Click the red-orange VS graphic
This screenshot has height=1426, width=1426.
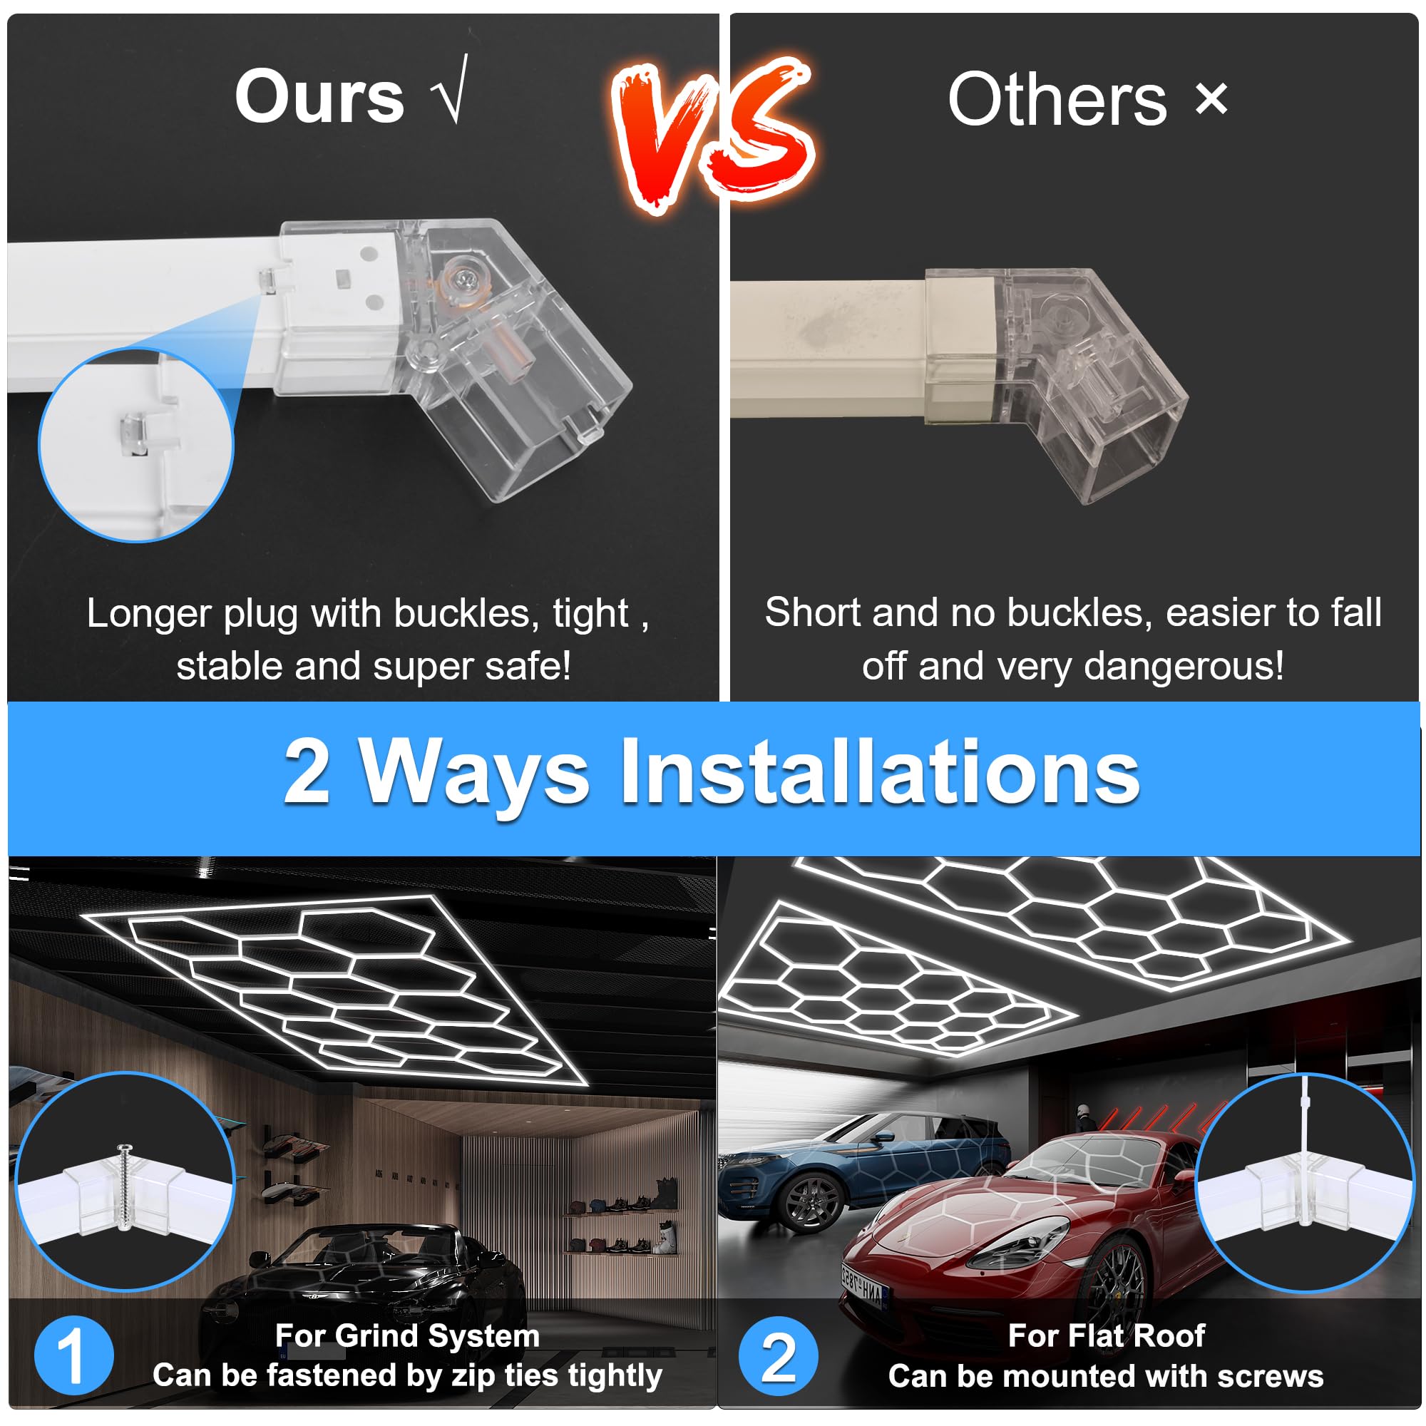[713, 133]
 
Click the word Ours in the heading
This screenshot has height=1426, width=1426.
[319, 97]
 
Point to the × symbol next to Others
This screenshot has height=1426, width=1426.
[1211, 98]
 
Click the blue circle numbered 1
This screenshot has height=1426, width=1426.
[74, 1355]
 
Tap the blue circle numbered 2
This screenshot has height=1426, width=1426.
[778, 1356]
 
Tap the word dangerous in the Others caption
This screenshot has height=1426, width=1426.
[1183, 666]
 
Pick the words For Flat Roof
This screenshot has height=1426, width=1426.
[1106, 1335]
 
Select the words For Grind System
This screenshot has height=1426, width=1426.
[406, 1335]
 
